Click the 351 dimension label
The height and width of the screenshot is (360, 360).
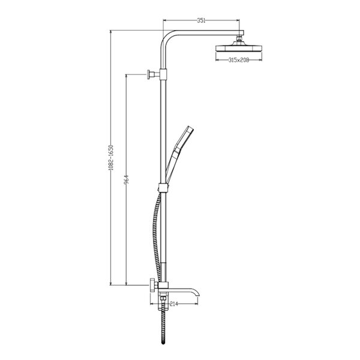[201, 20]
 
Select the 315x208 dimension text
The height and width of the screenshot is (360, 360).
[239, 60]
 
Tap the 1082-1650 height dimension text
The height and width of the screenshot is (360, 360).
[111, 157]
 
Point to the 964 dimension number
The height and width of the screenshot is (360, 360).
[127, 180]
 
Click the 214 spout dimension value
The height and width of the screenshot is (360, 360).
[174, 304]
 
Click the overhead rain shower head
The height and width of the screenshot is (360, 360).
[239, 48]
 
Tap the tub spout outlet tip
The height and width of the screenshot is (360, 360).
[198, 295]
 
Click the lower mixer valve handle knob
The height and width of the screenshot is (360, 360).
[152, 285]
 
